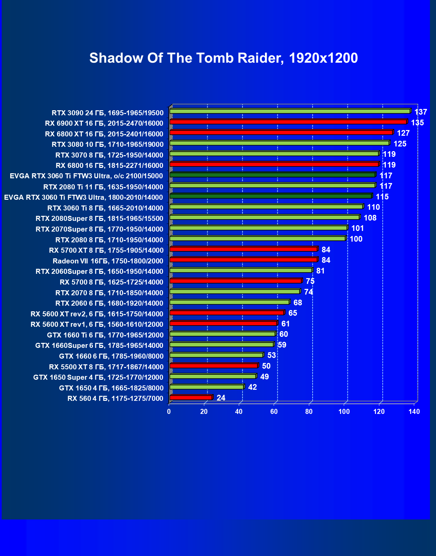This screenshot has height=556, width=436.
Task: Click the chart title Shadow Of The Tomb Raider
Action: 223,58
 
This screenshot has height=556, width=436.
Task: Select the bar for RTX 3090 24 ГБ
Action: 290,111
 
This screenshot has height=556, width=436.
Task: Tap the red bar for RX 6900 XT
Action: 288,122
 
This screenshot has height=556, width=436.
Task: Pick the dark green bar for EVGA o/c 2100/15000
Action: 272,175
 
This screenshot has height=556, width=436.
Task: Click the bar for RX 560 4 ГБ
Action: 191,397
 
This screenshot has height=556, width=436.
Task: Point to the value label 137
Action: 421,112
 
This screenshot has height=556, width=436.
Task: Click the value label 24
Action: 221,398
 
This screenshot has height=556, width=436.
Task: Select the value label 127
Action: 403,133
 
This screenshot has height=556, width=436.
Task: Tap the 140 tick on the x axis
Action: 414,412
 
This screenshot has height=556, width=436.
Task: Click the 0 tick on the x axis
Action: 169,412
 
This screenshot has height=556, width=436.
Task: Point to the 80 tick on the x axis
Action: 309,412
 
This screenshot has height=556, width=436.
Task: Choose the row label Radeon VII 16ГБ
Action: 108,261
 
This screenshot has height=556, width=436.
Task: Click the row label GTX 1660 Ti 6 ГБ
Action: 105,335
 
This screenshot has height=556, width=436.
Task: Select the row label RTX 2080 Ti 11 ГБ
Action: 103,187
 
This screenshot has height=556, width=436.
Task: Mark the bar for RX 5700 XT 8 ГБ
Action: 243,249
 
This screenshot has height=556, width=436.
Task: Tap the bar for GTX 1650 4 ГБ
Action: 207,387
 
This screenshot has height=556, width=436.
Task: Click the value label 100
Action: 356,239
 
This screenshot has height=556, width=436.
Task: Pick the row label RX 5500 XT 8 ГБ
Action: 106,367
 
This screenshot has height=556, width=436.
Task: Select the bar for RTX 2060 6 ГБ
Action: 229,302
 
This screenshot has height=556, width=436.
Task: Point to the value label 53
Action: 271,355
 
